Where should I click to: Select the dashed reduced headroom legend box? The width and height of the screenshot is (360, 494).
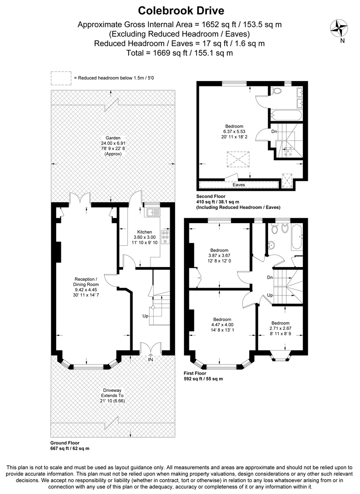pyautogui.click(x=61, y=78)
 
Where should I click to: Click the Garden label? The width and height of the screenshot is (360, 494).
pyautogui.click(x=113, y=138)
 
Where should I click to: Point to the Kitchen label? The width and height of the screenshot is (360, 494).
pyautogui.click(x=145, y=232)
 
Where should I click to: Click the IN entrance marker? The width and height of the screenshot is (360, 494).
pyautogui.click(x=150, y=360)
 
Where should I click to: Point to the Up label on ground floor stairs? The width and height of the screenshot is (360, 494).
pyautogui.click(x=145, y=316)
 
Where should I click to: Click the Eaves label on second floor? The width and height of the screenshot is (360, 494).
pyautogui.click(x=238, y=185)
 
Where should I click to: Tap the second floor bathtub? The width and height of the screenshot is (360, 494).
pyautogui.click(x=284, y=114)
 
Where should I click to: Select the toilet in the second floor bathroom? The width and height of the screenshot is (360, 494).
pyautogui.click(x=276, y=91)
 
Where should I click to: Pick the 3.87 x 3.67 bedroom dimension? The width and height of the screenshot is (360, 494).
pyautogui.click(x=220, y=256)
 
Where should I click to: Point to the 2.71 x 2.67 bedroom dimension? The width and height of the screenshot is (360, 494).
pyautogui.click(x=280, y=328)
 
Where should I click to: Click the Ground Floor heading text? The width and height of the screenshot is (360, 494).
pyautogui.click(x=65, y=443)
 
